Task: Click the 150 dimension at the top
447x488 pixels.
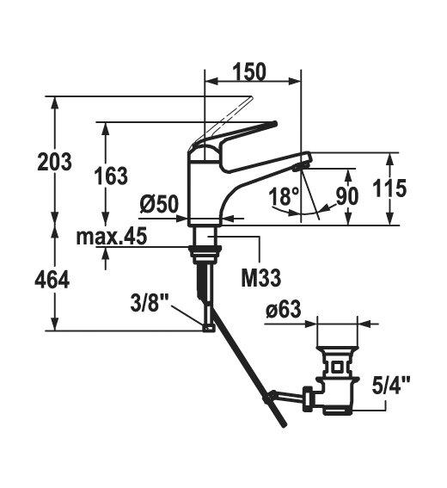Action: click(x=249, y=72)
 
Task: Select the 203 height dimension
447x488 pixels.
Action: click(x=54, y=162)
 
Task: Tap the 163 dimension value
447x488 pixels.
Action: click(x=111, y=176)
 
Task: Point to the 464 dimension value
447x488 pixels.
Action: click(x=52, y=279)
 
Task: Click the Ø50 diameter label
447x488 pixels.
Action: click(x=160, y=205)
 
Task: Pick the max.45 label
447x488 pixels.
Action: click(x=112, y=237)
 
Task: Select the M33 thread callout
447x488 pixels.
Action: click(x=261, y=278)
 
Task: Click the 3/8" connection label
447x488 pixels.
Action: click(x=150, y=303)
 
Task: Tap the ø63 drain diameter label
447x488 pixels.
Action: click(x=284, y=310)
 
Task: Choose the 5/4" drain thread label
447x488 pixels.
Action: click(x=391, y=385)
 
